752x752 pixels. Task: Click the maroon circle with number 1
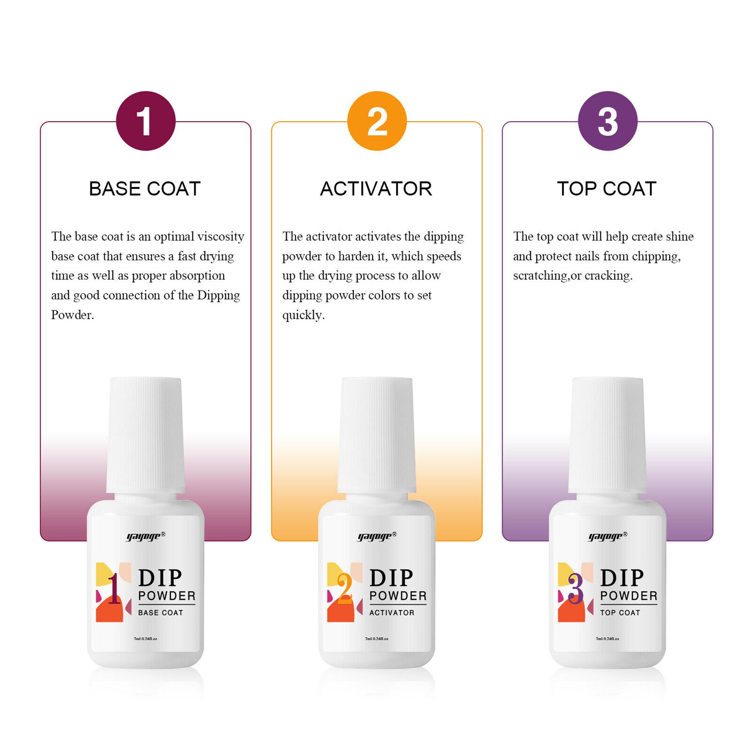pos(146,121)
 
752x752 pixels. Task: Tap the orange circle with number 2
pos(377,121)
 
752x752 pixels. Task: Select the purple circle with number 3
pos(608,121)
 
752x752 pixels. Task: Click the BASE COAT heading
pos(145,189)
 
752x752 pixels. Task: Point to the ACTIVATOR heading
pos(376,189)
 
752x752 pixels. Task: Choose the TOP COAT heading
pos(607,189)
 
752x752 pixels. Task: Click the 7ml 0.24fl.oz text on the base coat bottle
pos(146,639)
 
